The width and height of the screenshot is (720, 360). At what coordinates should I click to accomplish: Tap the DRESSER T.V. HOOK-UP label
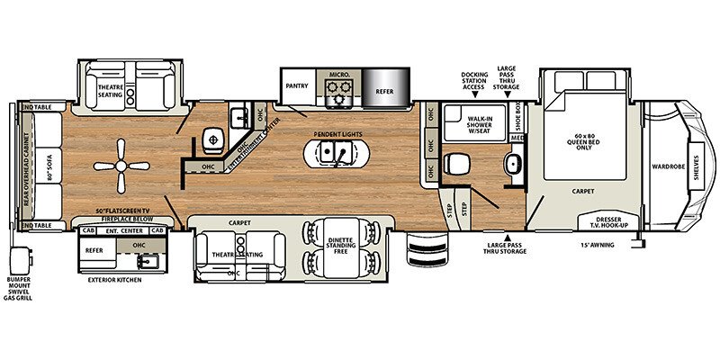(599, 223)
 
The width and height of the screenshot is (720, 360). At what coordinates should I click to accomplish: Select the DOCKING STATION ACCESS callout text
(473, 80)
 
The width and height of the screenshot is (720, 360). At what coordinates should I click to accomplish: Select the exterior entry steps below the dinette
(419, 246)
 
